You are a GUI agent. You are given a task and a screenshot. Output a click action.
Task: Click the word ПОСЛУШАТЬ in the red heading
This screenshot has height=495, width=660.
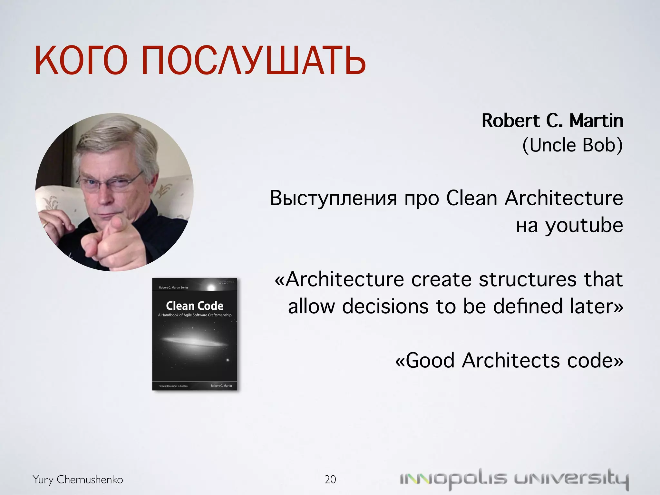[253, 60]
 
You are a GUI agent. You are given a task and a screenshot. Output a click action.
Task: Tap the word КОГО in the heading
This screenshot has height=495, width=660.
[81, 60]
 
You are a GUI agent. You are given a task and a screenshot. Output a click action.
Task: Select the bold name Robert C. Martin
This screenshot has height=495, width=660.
[552, 121]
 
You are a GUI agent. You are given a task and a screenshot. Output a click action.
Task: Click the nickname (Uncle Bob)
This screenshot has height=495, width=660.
[572, 145]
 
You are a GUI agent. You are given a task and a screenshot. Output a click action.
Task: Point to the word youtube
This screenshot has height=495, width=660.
[584, 226]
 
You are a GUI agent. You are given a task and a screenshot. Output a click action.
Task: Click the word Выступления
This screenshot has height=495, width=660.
[333, 198]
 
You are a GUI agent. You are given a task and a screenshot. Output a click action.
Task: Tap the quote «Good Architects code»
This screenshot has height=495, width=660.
[509, 360]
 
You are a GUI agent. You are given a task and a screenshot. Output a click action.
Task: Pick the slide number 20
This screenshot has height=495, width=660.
[330, 480]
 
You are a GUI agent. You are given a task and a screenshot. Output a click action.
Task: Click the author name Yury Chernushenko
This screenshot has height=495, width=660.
[78, 480]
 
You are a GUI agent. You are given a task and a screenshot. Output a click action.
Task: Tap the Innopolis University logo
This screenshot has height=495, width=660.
[514, 479]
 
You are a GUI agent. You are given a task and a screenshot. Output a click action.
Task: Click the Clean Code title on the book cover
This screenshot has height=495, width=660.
[195, 306]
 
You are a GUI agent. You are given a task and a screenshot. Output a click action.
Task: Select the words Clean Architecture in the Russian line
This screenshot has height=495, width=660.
[534, 198]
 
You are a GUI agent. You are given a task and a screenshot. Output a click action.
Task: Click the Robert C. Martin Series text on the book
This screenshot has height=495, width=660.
[173, 287]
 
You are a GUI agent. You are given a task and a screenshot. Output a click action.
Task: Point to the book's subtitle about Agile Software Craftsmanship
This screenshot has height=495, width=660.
[195, 315]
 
